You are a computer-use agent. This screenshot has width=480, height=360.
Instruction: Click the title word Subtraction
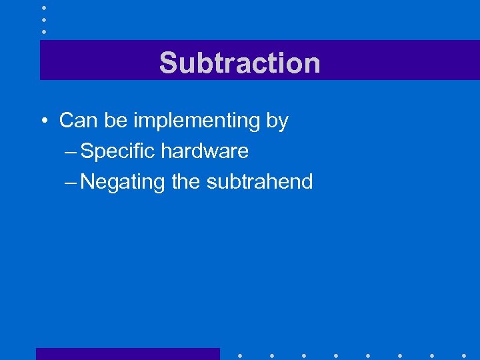[239, 63]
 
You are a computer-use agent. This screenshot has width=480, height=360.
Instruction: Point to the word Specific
[117, 151]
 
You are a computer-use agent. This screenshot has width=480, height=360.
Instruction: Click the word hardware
[205, 151]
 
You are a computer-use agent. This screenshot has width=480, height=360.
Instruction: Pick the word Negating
[123, 181]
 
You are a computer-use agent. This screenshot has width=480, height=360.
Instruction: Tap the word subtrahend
[260, 181]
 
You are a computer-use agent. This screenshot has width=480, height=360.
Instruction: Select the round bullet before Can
[43, 121]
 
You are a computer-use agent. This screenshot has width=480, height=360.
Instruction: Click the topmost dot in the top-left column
[43, 7]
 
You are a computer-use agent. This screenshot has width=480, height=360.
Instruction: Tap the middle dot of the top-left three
[43, 19]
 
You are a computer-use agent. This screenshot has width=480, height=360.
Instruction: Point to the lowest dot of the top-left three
[43, 31]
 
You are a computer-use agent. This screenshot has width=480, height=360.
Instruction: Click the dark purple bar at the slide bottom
[127, 354]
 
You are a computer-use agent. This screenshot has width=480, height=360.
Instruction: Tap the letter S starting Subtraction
[167, 63]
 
